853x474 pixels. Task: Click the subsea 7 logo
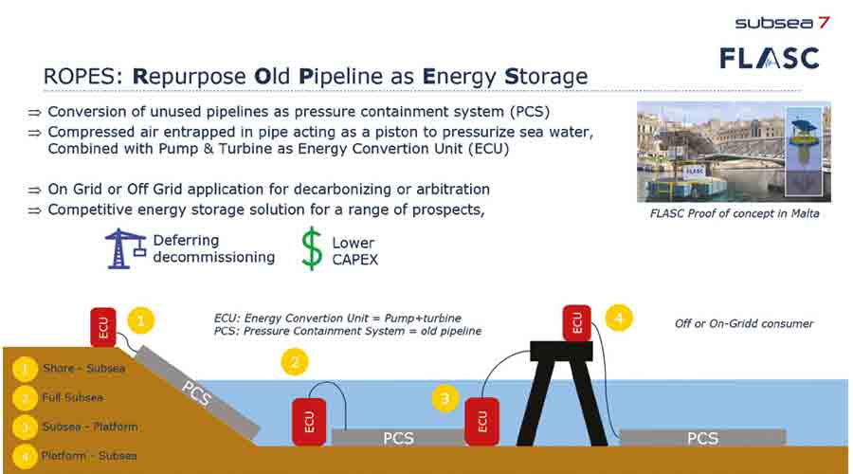pyautogui.click(x=782, y=23)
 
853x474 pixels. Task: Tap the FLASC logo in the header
pyautogui.click(x=770, y=58)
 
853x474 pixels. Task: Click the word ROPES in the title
pyautogui.click(x=82, y=76)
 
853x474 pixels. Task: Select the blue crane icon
pyautogui.click(x=125, y=248)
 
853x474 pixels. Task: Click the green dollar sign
pyautogui.click(x=312, y=248)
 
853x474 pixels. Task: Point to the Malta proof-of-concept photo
pyautogui.click(x=734, y=152)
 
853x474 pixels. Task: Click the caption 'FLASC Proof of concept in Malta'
pyautogui.click(x=735, y=213)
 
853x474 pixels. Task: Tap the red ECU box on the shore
pyautogui.click(x=103, y=327)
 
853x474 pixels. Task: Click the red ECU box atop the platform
pyautogui.click(x=576, y=323)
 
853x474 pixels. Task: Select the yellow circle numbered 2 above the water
pyautogui.click(x=295, y=362)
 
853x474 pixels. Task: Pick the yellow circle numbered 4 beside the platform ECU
pyautogui.click(x=619, y=318)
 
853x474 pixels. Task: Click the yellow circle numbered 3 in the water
pyautogui.click(x=445, y=399)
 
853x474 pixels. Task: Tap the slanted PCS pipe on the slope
pyautogui.click(x=197, y=392)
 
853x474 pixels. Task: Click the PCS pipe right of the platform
pyautogui.click(x=703, y=438)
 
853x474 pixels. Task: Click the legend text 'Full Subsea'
pyautogui.click(x=72, y=398)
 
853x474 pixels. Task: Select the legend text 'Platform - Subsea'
pyautogui.click(x=89, y=456)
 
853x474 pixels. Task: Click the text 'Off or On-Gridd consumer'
pyautogui.click(x=744, y=323)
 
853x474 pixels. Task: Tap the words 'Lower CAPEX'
pyautogui.click(x=354, y=251)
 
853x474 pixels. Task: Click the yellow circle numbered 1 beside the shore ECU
pyautogui.click(x=141, y=320)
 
